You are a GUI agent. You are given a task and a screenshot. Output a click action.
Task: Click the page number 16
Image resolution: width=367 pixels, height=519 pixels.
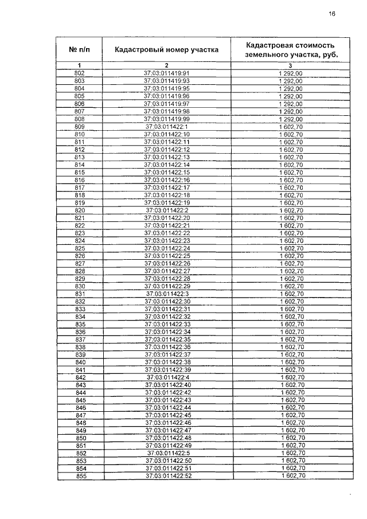pos(331,14)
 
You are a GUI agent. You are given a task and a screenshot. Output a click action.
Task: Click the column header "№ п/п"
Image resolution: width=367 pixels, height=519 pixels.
pos(80,49)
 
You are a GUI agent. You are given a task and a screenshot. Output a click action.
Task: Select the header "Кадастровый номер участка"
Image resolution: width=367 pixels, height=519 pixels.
pos(166,49)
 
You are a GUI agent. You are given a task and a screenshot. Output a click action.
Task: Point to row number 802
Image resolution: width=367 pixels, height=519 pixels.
pos(80,73)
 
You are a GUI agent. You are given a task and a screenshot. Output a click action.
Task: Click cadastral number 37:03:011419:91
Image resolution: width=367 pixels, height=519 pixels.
pos(166,73)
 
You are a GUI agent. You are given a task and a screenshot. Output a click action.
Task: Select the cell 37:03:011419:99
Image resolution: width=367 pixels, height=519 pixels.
pos(166,119)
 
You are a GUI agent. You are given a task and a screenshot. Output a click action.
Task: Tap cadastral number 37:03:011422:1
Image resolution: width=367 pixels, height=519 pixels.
pos(167,126)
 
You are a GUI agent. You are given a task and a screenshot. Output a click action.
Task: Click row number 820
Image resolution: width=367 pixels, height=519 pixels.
pos(80,210)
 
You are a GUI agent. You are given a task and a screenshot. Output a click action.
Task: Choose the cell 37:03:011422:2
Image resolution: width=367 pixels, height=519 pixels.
pos(167,210)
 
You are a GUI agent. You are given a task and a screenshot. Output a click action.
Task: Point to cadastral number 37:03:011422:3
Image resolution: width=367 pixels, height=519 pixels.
pos(167,294)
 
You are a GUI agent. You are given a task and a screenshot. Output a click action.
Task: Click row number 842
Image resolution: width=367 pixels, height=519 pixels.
pos(80,377)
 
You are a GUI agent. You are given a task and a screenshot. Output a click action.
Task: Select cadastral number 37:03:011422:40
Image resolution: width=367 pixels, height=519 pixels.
pos(167,385)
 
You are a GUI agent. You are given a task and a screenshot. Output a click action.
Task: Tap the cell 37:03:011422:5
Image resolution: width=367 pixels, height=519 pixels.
pos(167,453)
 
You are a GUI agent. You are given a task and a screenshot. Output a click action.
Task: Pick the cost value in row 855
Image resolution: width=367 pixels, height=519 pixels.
pos(292,476)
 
